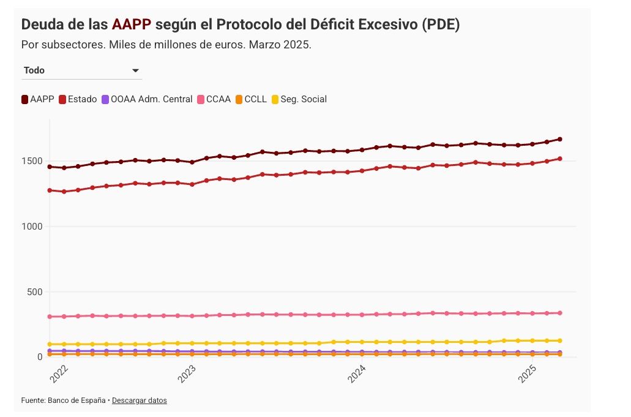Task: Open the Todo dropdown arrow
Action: tap(136, 71)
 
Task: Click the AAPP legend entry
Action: tap(38, 99)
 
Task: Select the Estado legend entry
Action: tap(78, 99)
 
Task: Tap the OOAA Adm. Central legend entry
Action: tap(147, 99)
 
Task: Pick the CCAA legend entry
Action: tap(214, 99)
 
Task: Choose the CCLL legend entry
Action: tap(251, 99)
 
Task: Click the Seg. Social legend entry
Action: tap(299, 99)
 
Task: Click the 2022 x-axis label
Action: tap(59, 374)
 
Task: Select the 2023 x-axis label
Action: tap(188, 374)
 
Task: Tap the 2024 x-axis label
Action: tap(357, 374)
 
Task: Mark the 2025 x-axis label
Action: tap(528, 374)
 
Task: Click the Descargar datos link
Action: tap(139, 400)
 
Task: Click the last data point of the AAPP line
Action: tap(560, 139)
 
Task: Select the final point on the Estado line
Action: tap(560, 159)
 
